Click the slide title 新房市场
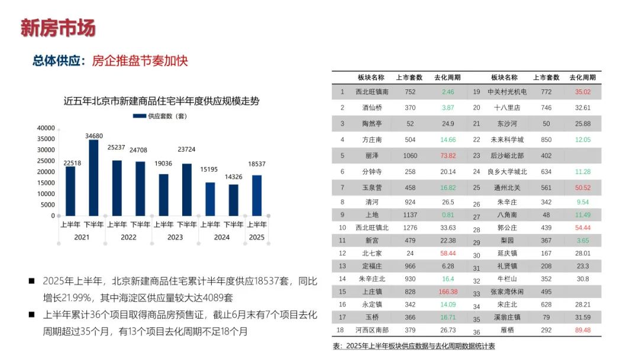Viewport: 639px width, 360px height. (57, 28)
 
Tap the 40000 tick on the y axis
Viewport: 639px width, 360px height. (46, 128)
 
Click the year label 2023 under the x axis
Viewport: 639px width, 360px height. (175, 237)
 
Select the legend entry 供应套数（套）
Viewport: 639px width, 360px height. (162, 116)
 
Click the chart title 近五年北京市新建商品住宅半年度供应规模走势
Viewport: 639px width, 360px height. (161, 101)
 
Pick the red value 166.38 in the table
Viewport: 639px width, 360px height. (448, 292)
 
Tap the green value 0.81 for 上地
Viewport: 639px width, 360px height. (448, 215)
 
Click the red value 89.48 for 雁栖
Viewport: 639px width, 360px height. (583, 330)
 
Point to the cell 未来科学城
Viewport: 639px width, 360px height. (506, 140)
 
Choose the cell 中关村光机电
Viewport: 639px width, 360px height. (506, 92)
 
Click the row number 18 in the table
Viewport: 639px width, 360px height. (341, 330)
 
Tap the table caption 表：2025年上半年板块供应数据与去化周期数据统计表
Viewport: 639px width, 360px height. (414, 346)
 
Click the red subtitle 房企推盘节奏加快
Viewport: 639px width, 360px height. (140, 61)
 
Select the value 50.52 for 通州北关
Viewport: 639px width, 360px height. (583, 188)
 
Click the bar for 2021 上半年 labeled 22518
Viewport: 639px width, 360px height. (70, 191)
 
